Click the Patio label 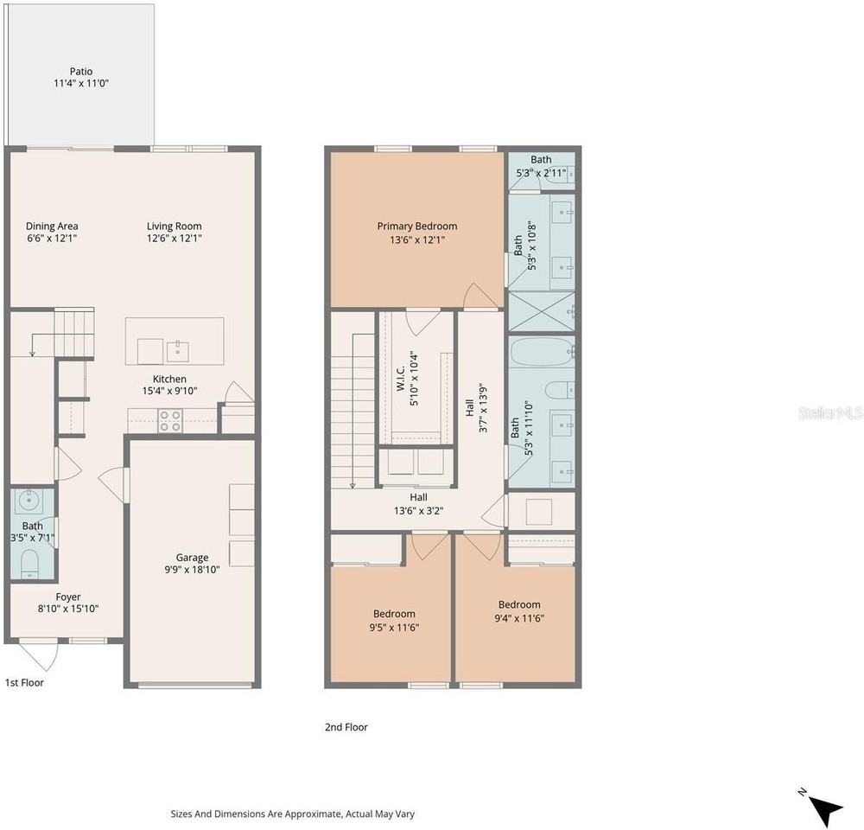(x=81, y=71)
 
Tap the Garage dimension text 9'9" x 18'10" (x=192, y=569)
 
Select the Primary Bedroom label (x=417, y=227)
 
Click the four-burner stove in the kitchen (x=170, y=420)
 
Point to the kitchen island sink (x=177, y=352)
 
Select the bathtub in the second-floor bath (x=543, y=353)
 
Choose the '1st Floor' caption (x=24, y=683)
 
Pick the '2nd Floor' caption (x=346, y=727)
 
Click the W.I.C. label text (x=401, y=379)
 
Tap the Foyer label (x=68, y=597)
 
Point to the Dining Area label (x=52, y=227)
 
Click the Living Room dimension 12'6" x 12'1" (x=175, y=239)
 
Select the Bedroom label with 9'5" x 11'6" (x=394, y=614)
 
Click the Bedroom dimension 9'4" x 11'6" (x=519, y=618)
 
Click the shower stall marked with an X (x=541, y=311)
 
